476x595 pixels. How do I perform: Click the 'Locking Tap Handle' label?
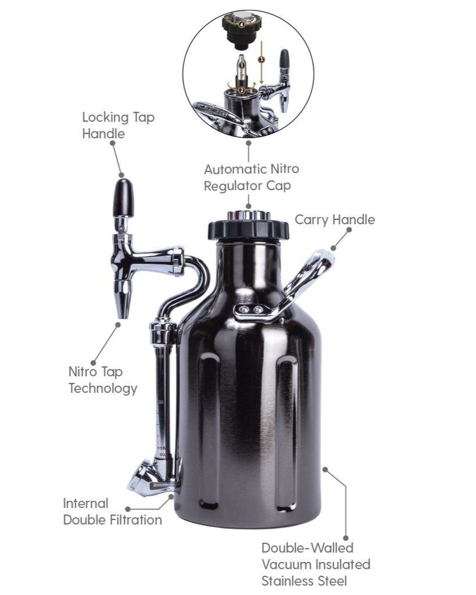118,125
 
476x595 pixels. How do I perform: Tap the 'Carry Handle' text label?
334,220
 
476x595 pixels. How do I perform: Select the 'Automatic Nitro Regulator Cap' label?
251,178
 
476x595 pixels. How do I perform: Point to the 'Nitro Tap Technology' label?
103,380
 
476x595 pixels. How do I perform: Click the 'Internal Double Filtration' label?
112,511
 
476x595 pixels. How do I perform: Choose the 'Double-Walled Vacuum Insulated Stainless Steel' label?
316,564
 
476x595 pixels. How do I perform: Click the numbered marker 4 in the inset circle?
241,24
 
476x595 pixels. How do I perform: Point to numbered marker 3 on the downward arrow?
262,59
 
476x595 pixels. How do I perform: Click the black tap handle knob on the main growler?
123,198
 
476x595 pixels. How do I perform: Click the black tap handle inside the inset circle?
284,59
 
